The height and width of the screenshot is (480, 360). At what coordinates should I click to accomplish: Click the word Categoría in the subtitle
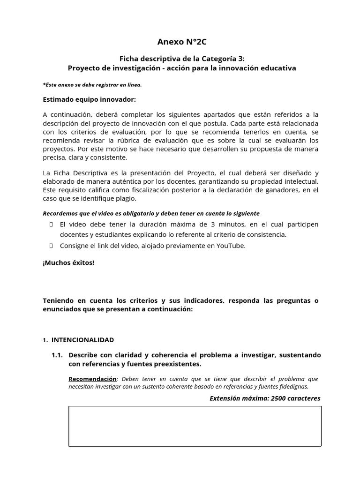tap(219, 59)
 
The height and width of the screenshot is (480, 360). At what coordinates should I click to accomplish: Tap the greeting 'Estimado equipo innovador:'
tap(89, 99)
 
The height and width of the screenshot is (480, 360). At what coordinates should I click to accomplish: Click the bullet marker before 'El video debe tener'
tap(51, 225)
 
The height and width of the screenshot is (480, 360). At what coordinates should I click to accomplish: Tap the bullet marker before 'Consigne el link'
tap(51, 246)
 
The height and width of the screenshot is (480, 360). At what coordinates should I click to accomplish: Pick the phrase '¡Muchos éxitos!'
tap(68, 262)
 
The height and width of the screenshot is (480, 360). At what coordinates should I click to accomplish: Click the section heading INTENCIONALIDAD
tap(82, 339)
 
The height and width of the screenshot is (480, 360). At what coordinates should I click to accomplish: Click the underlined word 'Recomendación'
tap(92, 379)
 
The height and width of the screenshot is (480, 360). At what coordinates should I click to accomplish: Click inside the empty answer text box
tap(195, 426)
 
